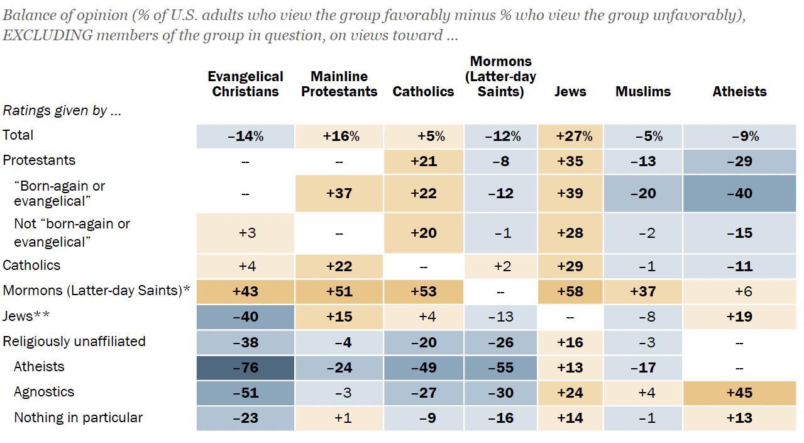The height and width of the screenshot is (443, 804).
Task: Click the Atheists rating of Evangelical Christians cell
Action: pos(245,367)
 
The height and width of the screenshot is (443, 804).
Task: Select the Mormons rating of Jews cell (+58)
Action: pos(570,291)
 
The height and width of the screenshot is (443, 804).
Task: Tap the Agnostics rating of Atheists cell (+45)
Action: pos(739,393)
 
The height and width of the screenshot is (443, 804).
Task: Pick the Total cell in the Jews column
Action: pos(570,136)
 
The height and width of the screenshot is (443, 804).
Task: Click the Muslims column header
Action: pos(643,91)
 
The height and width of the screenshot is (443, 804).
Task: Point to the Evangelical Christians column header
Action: pos(245,84)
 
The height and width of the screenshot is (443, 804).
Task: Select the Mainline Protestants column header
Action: pos(339,84)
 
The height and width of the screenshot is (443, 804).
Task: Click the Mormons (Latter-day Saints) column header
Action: pos(500,76)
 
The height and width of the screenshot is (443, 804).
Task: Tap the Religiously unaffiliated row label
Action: pos(74,341)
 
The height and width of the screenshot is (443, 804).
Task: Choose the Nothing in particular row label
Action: pos(78,417)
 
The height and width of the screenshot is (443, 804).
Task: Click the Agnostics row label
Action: pos(44,391)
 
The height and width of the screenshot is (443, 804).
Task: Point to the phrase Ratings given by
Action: pos(62,110)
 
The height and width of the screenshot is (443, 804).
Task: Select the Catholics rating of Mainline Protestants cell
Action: pos(339,266)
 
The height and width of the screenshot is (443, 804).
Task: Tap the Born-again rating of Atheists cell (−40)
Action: pos(739,193)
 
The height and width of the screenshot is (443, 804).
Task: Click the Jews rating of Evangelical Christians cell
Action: pos(245,317)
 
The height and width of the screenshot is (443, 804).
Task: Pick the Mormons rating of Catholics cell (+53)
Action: pos(423,291)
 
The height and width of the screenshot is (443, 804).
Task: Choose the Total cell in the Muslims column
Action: pos(643,136)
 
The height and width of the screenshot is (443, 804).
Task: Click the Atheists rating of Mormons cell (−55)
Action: pos(500,367)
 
